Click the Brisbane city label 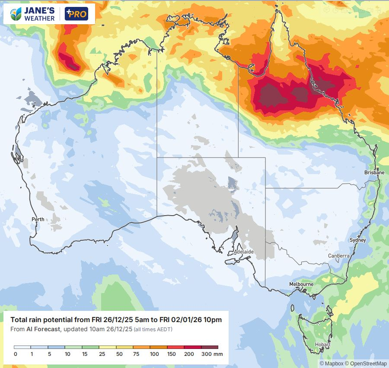click(x=374, y=172)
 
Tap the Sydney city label click(x=357, y=240)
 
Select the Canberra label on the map click(x=338, y=256)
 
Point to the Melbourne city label click(x=301, y=284)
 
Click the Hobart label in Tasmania click(x=322, y=345)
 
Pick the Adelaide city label click(x=243, y=252)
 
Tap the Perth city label click(x=38, y=219)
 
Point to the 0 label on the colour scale click(x=15, y=354)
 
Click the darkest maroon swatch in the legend click(x=210, y=347)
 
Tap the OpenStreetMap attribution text click(x=366, y=363)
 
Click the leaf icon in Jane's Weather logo click(x=16, y=14)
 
